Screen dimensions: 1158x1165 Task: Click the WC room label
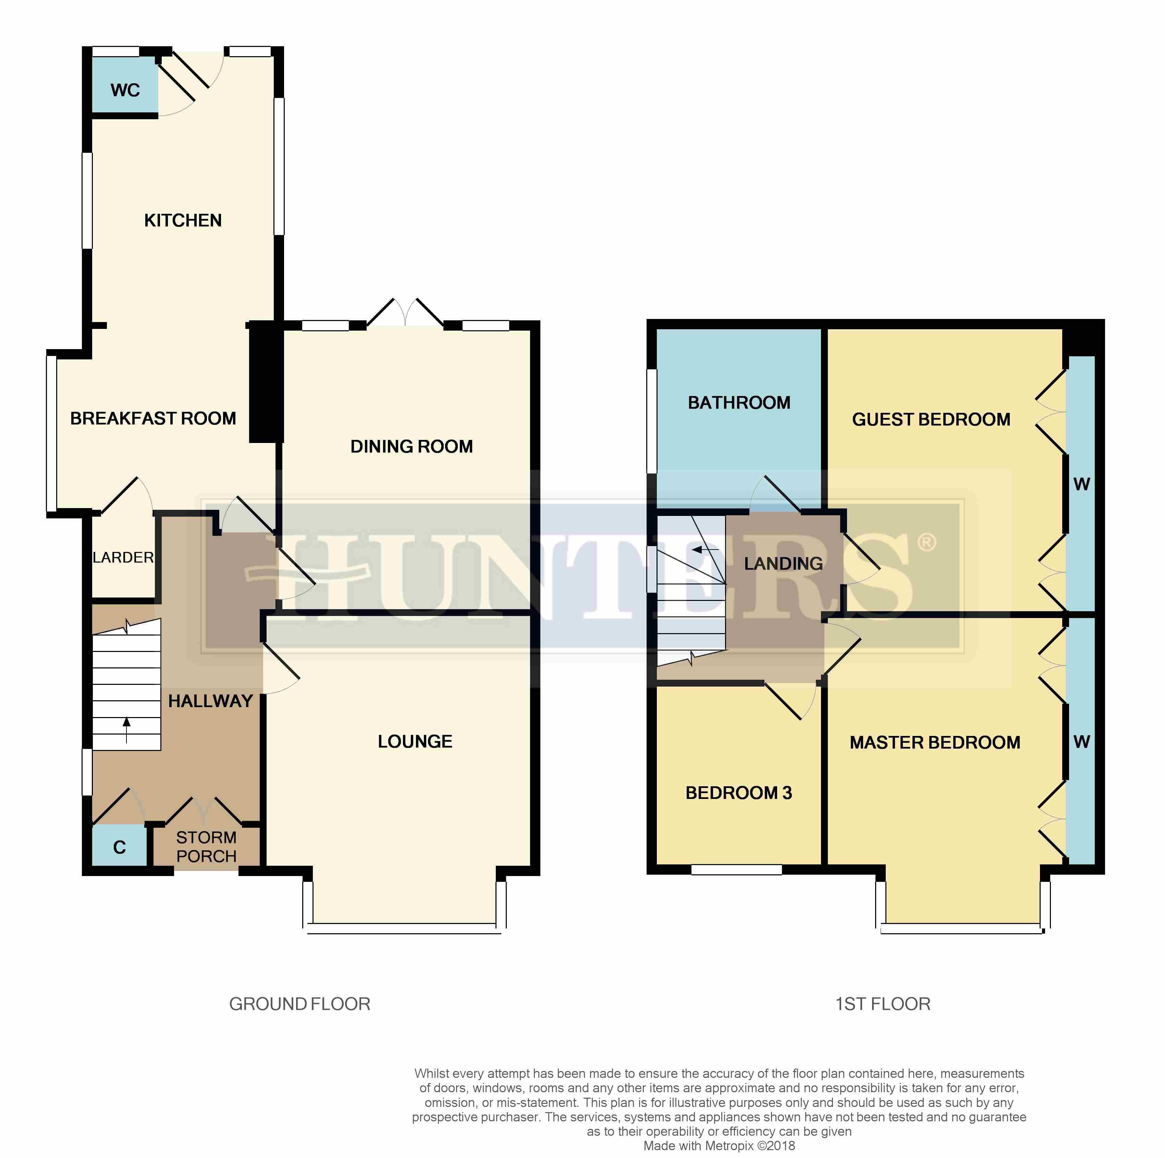coord(125,90)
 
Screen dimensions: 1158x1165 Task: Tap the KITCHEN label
coord(183,221)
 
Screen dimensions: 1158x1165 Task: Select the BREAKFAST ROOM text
coord(153,418)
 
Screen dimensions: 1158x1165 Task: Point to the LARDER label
coord(123,558)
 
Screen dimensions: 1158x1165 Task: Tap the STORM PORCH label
coord(206,847)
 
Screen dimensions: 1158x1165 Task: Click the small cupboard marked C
coord(119,848)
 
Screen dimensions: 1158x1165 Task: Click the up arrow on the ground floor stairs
coord(127,729)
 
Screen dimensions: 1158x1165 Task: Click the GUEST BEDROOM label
coord(931,420)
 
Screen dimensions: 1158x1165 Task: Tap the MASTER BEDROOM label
coord(935,743)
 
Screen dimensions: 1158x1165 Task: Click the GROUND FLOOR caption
coord(300,1004)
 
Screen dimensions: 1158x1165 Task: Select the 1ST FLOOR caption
coord(883,1004)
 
